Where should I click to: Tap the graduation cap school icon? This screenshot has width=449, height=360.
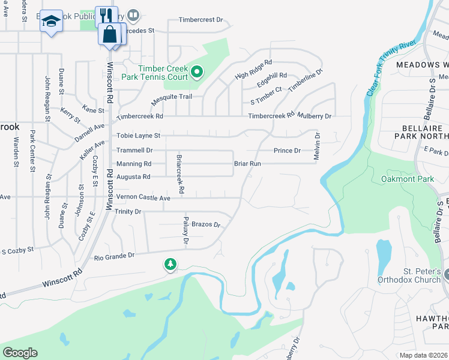(51, 22)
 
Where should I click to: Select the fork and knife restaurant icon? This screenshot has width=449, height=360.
(106, 16)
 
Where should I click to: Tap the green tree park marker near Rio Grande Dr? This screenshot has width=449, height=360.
(170, 264)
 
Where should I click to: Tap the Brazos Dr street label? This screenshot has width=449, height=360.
(206, 224)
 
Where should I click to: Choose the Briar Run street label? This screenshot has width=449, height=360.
(247, 163)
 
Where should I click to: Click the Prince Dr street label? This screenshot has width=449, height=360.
(287, 151)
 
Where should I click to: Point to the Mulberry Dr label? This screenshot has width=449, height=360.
(315, 115)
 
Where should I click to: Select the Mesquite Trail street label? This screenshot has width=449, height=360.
(171, 97)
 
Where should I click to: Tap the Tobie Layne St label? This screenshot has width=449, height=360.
(139, 136)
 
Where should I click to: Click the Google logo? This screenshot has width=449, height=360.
(19, 353)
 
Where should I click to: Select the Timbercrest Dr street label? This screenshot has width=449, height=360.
(200, 20)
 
